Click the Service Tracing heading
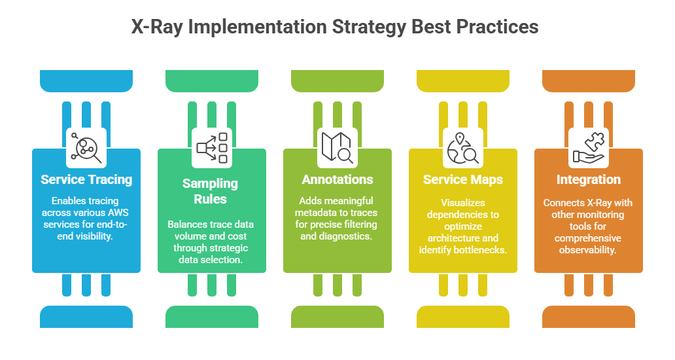coord(86,179)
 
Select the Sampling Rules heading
coord(210,191)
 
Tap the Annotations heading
coord(337,179)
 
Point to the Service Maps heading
coord(463,179)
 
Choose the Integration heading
coord(589,179)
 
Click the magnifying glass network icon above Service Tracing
coord(86,148)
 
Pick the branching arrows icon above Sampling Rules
coord(212,148)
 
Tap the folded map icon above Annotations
coord(337,148)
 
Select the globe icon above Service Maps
coord(463,148)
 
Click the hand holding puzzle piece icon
coord(589,148)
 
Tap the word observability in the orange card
coord(587,250)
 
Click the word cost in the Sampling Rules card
coord(237,236)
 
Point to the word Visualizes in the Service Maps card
coord(463,202)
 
